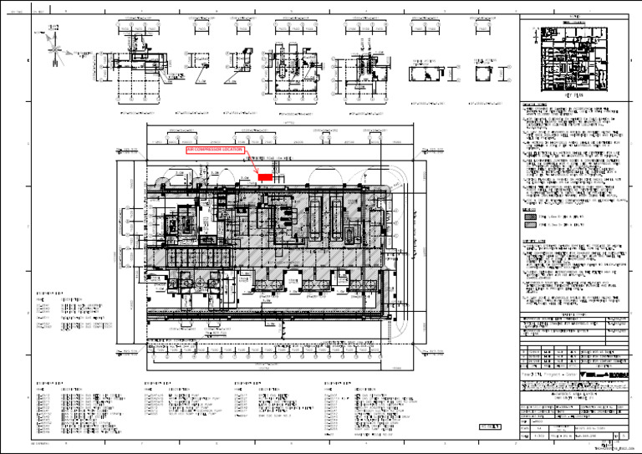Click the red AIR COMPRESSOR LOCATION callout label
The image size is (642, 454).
coord(215,149)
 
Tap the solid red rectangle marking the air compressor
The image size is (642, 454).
coord(265,177)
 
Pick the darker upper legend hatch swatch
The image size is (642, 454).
coord(529,216)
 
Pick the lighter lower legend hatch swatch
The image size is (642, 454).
coord(529,226)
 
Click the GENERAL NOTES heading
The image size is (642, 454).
coord(534,105)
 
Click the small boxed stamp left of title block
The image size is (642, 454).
coord(491,426)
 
